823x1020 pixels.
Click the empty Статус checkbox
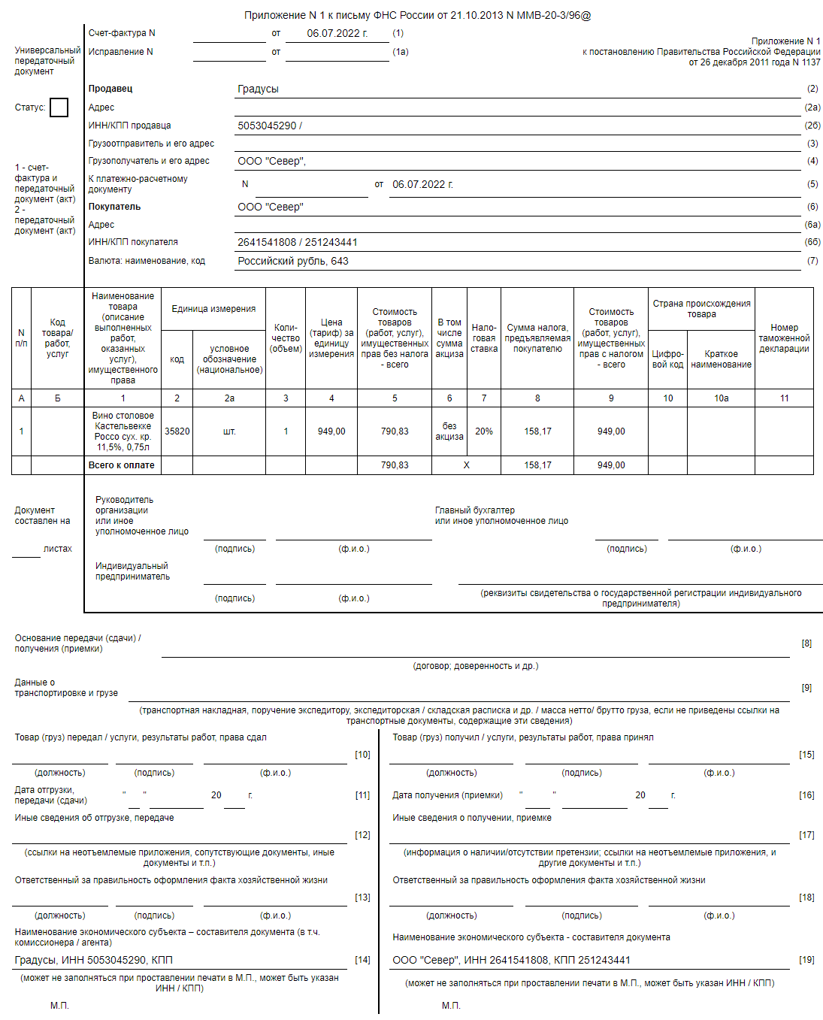coord(59,107)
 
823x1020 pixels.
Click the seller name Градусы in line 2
coord(258,89)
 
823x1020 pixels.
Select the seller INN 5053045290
coord(268,126)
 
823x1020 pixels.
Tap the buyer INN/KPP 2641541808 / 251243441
coord(298,242)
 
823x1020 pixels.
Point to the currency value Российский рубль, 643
coord(293,261)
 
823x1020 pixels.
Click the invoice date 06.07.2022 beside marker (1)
coord(337,33)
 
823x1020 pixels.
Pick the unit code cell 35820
coord(177,431)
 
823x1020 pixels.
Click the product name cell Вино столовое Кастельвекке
coord(123,431)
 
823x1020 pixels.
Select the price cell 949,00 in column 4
coord(331,431)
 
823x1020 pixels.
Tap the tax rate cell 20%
coord(484,431)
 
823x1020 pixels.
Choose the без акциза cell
coord(449,431)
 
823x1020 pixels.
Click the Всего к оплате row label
coord(122,465)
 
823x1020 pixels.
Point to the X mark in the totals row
coord(467,465)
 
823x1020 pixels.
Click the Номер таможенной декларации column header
coord(784,338)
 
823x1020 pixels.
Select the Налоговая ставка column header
coord(484,338)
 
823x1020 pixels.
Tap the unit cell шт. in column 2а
coord(229,431)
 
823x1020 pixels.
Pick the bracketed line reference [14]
coord(362,960)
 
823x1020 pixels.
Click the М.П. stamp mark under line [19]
coord(451,1005)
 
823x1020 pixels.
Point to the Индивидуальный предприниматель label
coord(132,571)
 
